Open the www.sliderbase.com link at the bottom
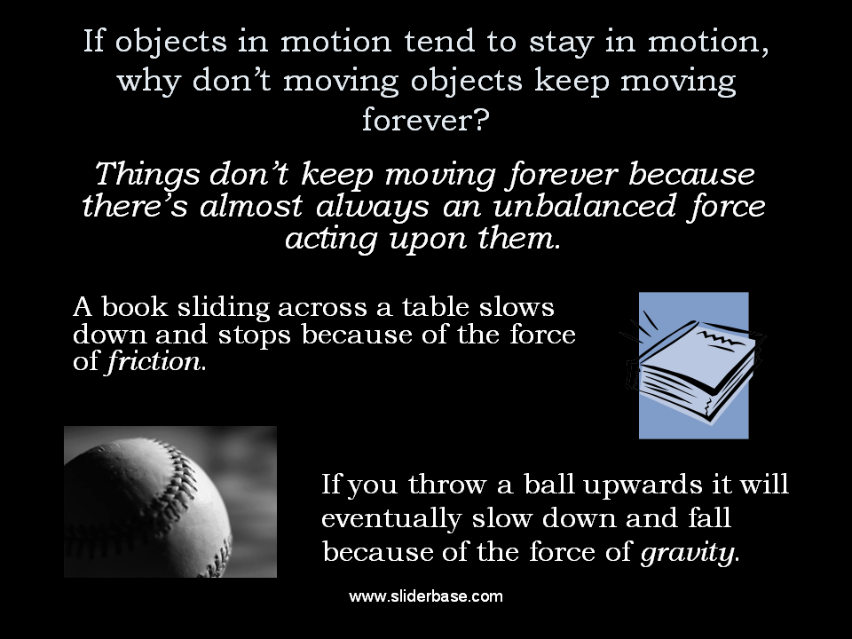tap(426, 596)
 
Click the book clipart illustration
tap(692, 365)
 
